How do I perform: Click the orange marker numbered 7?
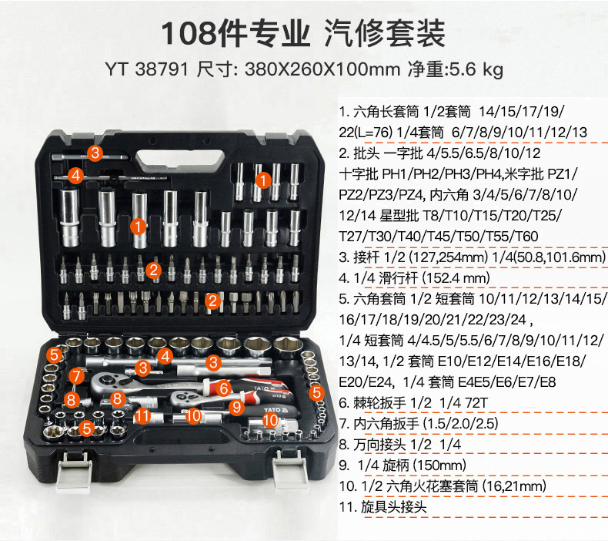[76, 376]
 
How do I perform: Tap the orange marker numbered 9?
[236, 407]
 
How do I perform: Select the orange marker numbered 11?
[142, 416]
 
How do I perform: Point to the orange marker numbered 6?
[223, 388]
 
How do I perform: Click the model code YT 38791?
[146, 69]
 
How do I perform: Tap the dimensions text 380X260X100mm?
[322, 69]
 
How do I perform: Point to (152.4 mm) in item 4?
[456, 278]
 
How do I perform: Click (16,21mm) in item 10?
[513, 486]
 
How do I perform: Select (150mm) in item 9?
[439, 465]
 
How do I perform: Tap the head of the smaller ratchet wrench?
[183, 398]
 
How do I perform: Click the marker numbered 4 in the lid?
[76, 175]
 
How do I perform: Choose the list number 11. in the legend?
[347, 507]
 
